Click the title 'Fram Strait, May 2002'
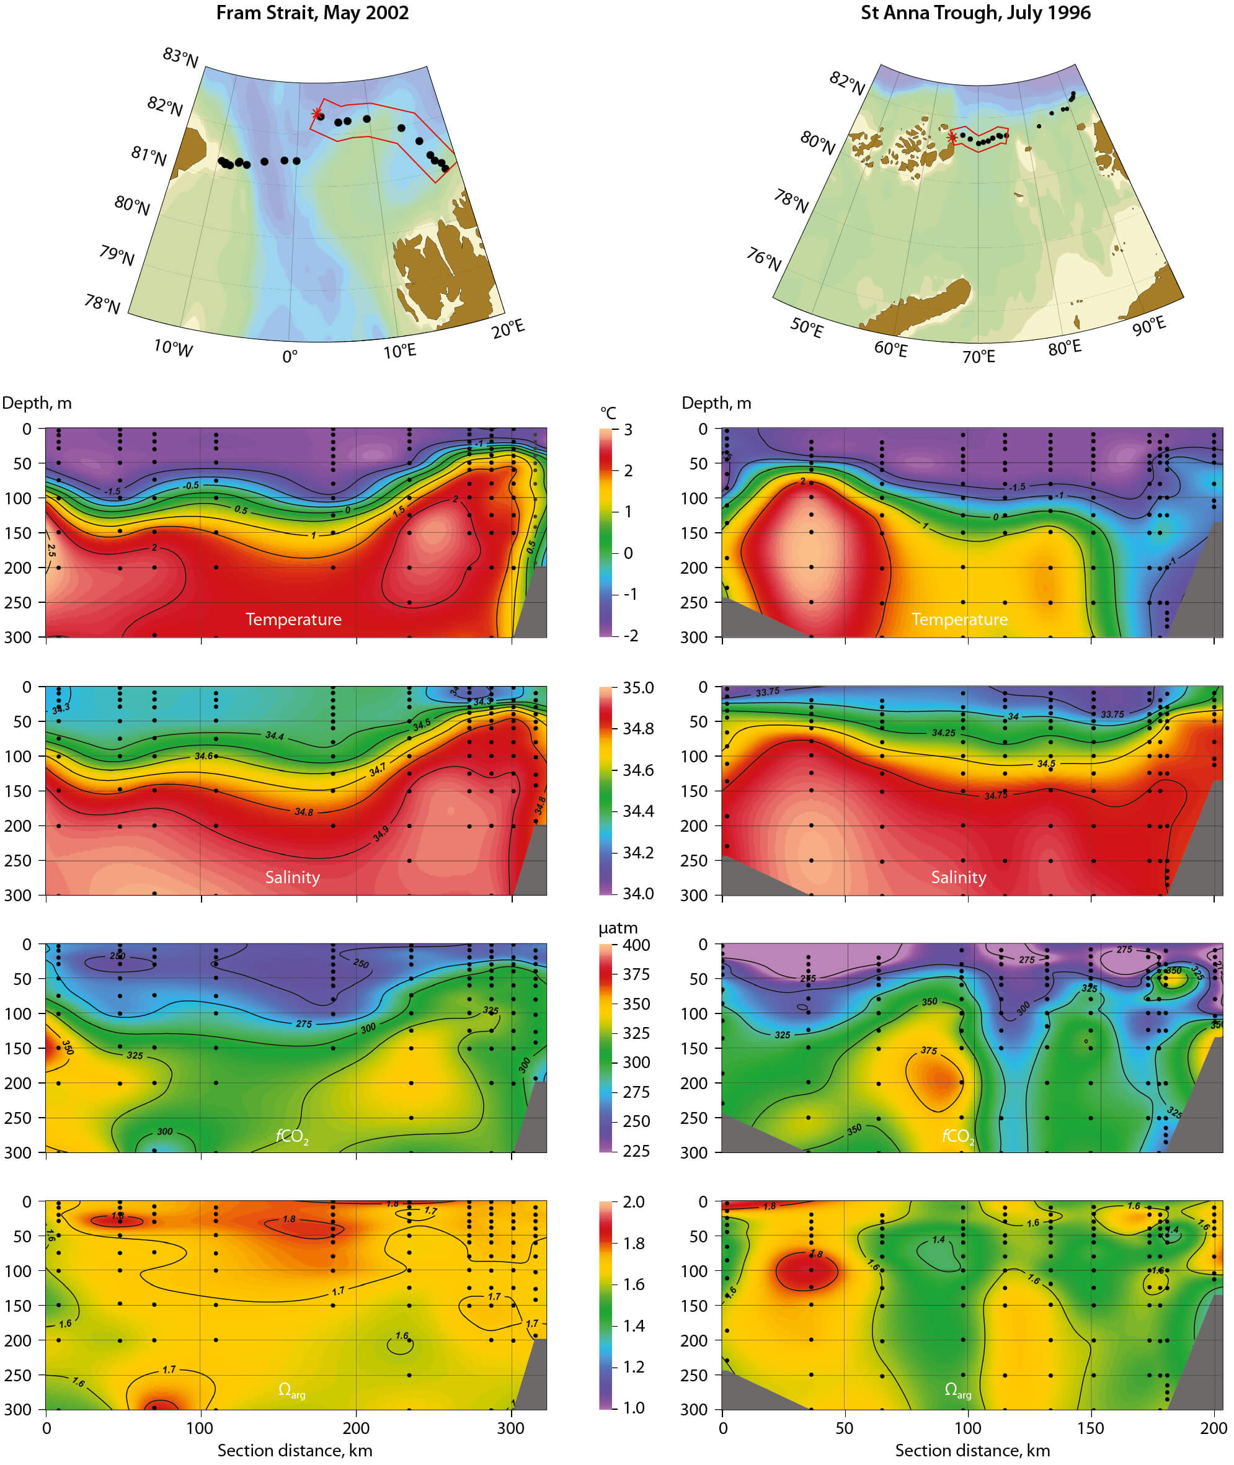click(x=312, y=13)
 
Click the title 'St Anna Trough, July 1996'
click(x=975, y=13)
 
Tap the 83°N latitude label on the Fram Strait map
click(x=180, y=57)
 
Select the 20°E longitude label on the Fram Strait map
click(x=508, y=329)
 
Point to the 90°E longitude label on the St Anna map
click(x=1149, y=326)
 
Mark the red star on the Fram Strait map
click(x=316, y=114)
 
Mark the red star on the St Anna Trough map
click(x=952, y=138)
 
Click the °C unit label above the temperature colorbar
click(x=608, y=413)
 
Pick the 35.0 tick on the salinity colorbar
click(x=638, y=688)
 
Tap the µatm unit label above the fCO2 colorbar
click(x=618, y=928)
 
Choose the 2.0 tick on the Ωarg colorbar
click(x=633, y=1202)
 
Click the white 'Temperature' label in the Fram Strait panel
click(x=293, y=619)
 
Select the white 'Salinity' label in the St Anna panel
click(x=959, y=877)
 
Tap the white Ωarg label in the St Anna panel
click(x=957, y=1390)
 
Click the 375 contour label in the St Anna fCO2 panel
click(x=928, y=1051)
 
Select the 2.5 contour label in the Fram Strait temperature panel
click(x=51, y=551)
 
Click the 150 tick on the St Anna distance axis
click(x=1091, y=1428)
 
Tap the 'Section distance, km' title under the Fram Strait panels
click(x=295, y=1450)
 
